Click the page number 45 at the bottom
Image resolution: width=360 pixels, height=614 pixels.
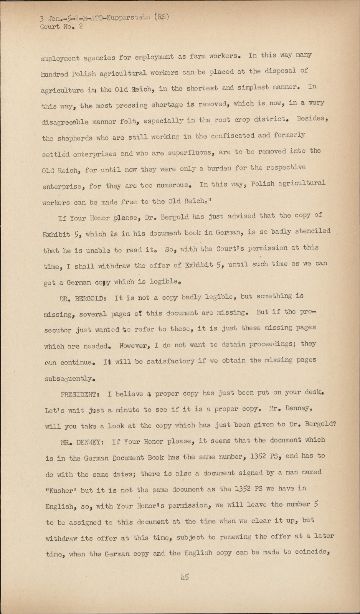tap(185, 577)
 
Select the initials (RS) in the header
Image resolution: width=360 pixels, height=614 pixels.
tap(161, 17)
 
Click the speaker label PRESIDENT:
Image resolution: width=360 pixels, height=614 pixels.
tap(80, 394)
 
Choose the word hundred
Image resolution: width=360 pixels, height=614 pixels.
tap(55, 74)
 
